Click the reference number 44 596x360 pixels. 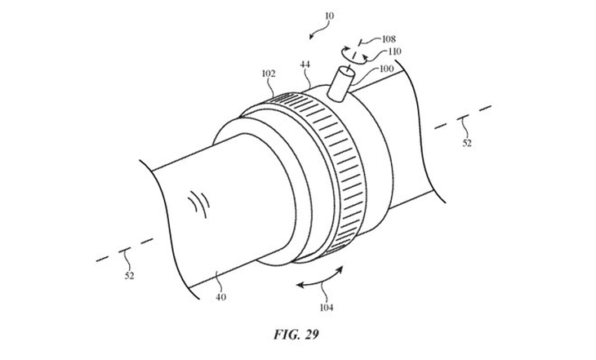[x=305, y=64]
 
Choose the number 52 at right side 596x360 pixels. [x=465, y=144]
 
